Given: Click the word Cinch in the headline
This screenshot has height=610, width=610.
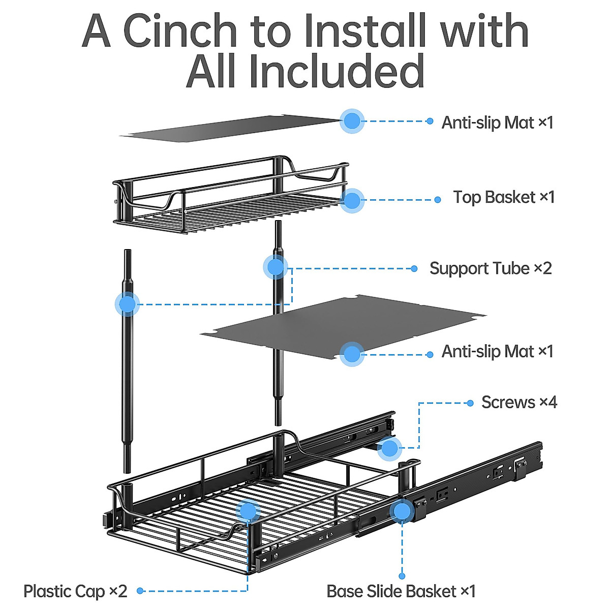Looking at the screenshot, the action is pos(180,32).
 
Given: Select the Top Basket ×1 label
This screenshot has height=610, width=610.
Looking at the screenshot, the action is pos(504,197).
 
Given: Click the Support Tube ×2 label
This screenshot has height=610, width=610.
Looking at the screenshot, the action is pos(491,268).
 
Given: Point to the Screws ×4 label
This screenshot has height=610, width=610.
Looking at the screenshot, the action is pos(519,402).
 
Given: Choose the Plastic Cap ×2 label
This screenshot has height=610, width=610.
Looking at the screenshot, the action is pos(75,591).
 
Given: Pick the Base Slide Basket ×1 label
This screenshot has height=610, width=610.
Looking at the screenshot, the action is pos(401,591).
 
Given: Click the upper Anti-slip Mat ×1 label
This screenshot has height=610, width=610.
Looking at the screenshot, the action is pos(497,122).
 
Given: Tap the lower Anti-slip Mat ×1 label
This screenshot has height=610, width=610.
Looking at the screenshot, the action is pos(497,351).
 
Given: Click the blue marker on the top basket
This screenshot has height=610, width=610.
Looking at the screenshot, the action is pos(352,200).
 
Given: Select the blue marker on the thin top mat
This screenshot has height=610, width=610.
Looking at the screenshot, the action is pos(352,121).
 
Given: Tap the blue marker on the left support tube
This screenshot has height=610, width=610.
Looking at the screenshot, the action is pos(127,304).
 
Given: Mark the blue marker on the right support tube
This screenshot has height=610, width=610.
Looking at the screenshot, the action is pos(276,267).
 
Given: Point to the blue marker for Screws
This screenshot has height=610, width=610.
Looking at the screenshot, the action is pos(390,448).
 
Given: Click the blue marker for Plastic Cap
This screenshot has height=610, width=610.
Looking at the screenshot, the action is pos(248,510).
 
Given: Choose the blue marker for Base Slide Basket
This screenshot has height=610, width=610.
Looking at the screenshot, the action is pos(402,511).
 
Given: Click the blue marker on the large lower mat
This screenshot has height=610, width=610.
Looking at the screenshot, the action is pos(352,354).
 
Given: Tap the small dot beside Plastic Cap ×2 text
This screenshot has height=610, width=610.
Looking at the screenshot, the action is pos(140,591).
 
